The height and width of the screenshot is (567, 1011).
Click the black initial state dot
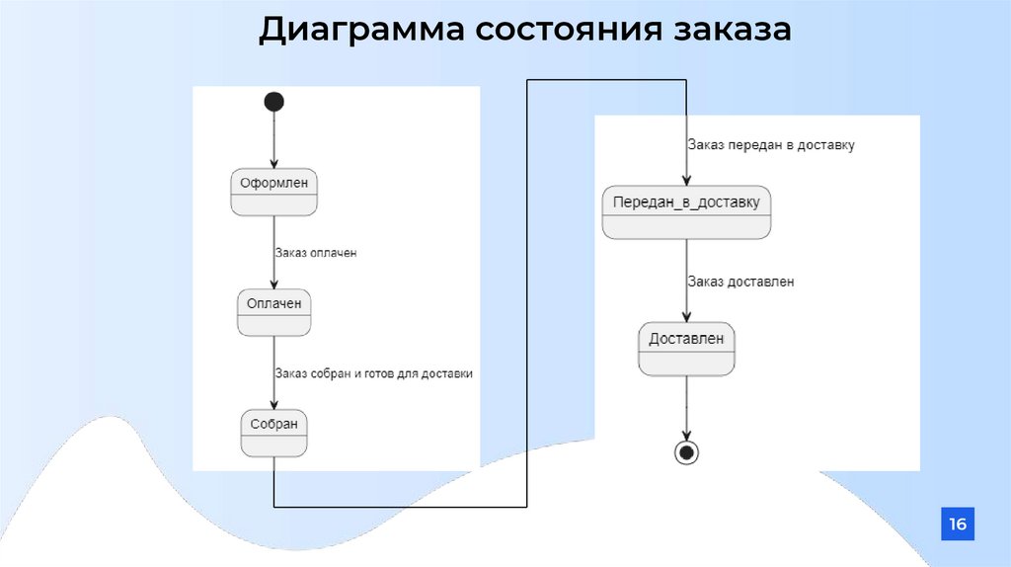click(274, 101)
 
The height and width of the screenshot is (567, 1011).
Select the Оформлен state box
click(274, 192)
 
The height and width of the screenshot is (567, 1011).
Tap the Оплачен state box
click(274, 312)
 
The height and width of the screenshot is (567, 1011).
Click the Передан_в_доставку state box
click(686, 213)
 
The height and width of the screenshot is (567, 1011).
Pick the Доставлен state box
click(686, 349)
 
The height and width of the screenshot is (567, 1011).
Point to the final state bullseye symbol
click(686, 452)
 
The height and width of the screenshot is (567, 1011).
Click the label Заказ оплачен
click(316, 253)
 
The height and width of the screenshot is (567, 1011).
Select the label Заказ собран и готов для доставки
click(374, 373)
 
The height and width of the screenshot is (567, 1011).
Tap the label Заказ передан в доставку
click(771, 144)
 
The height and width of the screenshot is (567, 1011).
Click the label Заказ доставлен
click(741, 282)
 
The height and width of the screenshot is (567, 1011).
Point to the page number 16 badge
click(957, 524)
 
